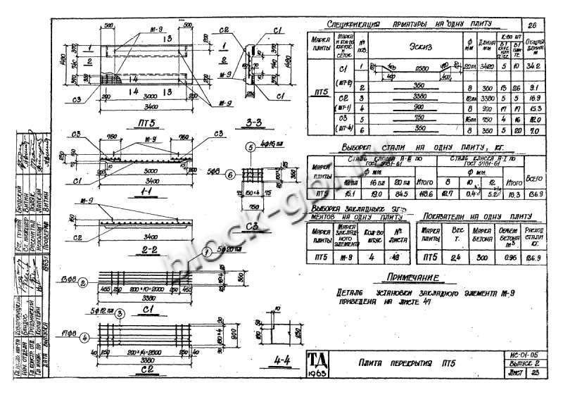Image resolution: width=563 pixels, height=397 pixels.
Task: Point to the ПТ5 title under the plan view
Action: (x=148, y=121)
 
